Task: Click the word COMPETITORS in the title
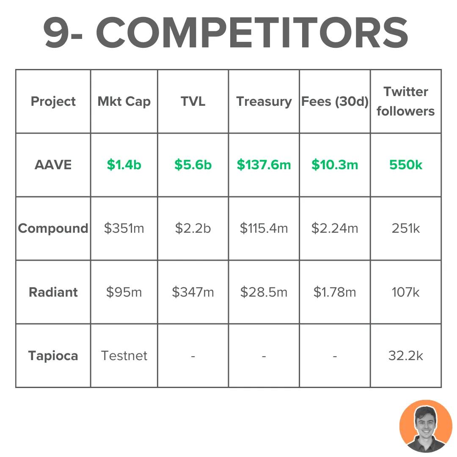(252, 33)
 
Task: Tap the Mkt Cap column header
(124, 102)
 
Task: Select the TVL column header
(193, 102)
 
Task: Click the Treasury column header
(264, 102)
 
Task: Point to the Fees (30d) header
(335, 102)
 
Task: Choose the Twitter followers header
(405, 102)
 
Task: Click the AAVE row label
(53, 165)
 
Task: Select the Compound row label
(53, 228)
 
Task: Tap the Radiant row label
(53, 292)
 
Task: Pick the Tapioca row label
(53, 355)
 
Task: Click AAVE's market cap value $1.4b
(124, 165)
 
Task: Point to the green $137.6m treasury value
(264, 165)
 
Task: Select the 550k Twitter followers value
(405, 165)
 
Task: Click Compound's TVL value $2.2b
(193, 228)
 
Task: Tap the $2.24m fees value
(335, 228)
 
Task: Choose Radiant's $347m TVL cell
(193, 292)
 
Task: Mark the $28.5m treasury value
(264, 292)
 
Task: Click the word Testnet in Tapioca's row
(124, 355)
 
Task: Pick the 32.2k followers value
(405, 355)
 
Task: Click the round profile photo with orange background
(426, 426)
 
